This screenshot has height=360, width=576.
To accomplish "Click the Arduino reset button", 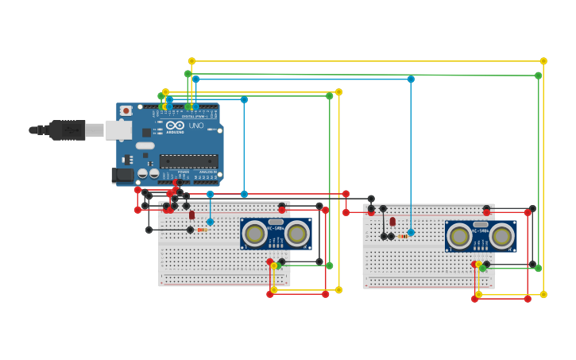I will click(126, 111).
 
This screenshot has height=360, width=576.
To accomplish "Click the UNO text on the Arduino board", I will click(195, 126).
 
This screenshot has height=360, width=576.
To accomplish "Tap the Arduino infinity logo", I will click(176, 125).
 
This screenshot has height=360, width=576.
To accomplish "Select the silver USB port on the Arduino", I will click(118, 130).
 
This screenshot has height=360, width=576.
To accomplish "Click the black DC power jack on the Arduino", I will click(122, 175).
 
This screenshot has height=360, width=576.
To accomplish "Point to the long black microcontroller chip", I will click(188, 161).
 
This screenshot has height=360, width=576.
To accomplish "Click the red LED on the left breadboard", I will click(191, 215).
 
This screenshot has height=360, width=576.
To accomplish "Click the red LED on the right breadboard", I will click(392, 222).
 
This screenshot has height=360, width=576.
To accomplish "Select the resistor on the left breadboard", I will click(201, 230).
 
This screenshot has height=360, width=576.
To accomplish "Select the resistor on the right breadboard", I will click(403, 236).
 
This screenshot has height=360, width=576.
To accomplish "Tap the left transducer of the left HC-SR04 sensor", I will click(255, 234).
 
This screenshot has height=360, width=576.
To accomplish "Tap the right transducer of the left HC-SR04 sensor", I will click(297, 234).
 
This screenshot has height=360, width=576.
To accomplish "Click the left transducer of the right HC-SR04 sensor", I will click(459, 236).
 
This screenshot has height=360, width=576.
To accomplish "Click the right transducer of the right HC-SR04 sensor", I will click(502, 236).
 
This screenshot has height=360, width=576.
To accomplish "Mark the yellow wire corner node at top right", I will click(543, 61).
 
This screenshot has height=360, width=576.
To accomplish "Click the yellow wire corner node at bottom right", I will click(543, 294).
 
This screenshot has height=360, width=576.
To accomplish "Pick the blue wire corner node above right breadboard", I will click(411, 79).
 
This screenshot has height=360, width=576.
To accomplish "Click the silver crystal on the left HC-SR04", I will click(276, 222).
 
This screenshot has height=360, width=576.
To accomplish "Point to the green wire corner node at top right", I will click(538, 75).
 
